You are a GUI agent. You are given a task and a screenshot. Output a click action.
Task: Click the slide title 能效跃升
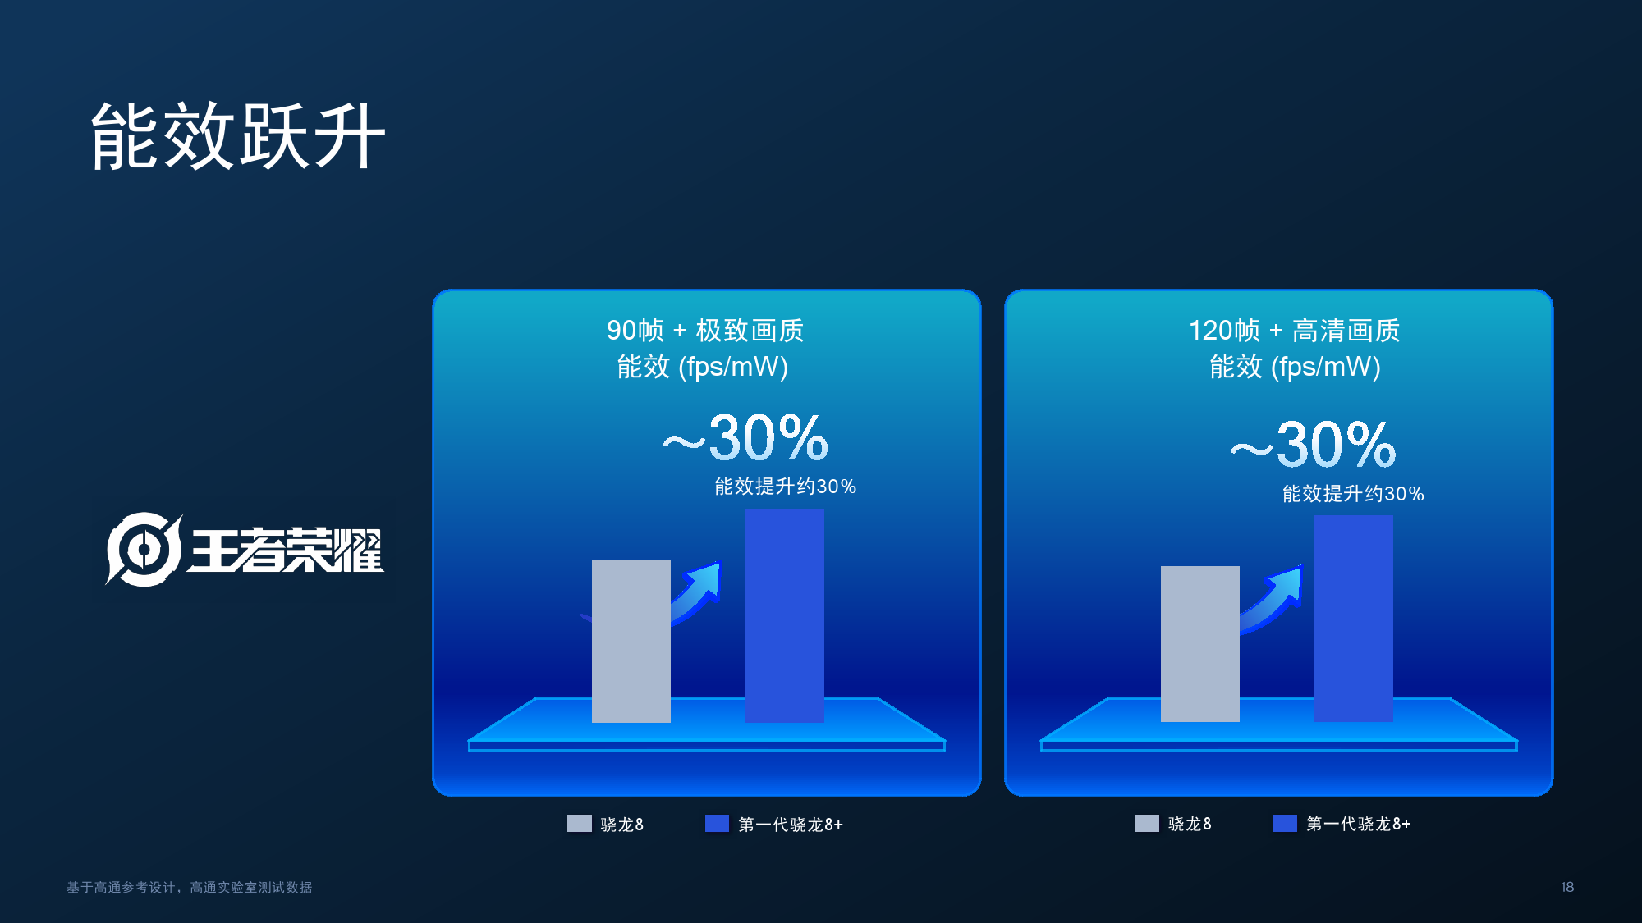238,136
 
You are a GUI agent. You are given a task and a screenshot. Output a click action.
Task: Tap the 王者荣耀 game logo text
287,550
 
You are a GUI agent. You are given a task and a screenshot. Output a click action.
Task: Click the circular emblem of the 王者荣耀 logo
144,549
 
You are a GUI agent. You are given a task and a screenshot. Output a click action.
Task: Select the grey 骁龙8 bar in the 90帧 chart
631,641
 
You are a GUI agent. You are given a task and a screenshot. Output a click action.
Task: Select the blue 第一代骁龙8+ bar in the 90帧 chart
784,615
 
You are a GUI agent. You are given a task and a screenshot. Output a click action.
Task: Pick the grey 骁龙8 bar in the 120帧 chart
1199,644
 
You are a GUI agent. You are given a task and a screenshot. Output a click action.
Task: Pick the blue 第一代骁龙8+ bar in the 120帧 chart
1353,619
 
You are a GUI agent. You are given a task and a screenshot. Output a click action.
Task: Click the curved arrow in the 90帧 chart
699,591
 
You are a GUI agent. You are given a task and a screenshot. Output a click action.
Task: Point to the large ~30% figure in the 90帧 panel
745,438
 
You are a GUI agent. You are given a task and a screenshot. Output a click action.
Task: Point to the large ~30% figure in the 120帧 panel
1314,445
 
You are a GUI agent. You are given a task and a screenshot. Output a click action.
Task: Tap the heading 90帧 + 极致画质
705,330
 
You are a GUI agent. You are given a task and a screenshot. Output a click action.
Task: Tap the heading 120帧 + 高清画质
1295,330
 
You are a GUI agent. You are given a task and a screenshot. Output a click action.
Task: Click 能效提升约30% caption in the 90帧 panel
785,487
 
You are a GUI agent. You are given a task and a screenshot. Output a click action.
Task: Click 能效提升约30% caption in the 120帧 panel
1353,494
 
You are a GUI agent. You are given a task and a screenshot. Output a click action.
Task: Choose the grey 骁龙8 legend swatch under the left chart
579,824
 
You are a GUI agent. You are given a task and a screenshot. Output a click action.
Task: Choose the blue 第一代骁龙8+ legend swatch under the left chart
717,824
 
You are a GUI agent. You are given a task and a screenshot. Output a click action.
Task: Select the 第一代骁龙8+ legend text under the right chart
1359,824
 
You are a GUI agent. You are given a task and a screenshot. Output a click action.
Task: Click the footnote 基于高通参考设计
121,887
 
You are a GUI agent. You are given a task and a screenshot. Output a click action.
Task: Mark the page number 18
1567,887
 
